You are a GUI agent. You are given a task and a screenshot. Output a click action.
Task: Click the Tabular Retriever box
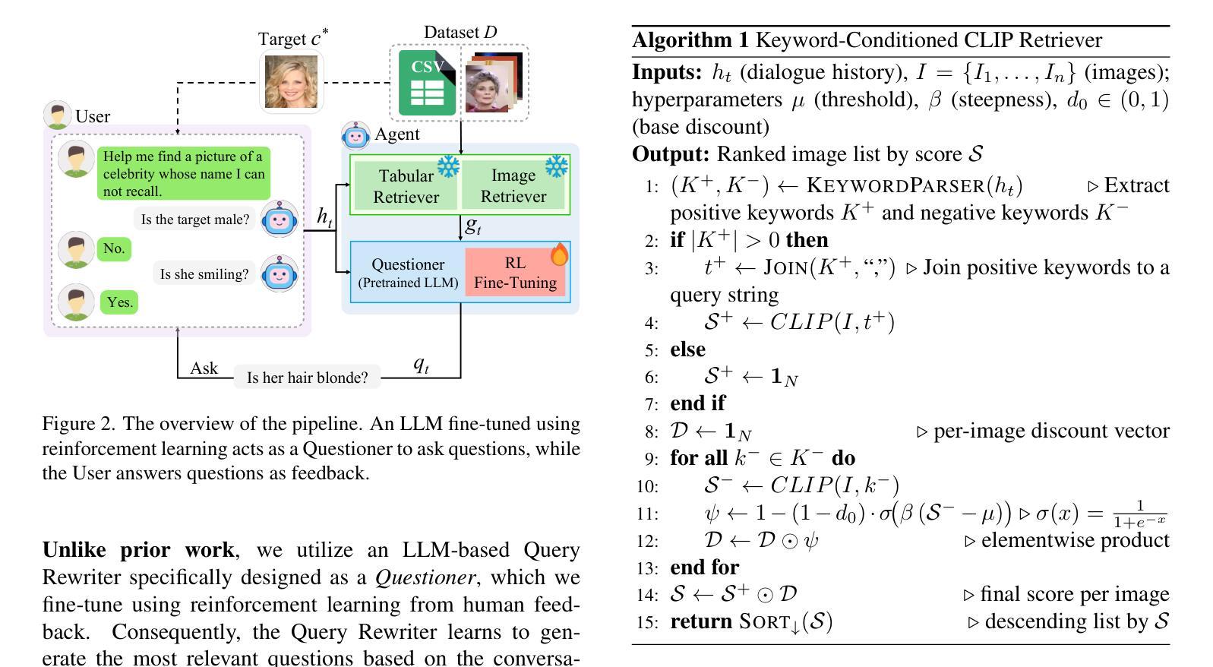tap(406, 186)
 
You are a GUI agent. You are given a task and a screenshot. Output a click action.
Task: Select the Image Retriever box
tap(513, 186)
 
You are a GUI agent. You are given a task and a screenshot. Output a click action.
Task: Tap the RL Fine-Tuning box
tap(516, 273)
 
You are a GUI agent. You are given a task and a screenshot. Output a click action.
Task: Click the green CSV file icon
tap(427, 83)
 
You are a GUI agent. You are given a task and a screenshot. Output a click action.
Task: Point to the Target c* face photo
tap(291, 81)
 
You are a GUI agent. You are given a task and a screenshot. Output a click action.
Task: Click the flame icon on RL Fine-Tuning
tap(559, 254)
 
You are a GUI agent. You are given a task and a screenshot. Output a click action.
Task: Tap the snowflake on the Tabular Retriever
tap(448, 166)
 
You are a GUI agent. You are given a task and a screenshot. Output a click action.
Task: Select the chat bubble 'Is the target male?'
tap(195, 220)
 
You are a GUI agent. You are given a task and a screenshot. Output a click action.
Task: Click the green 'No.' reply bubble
tap(114, 248)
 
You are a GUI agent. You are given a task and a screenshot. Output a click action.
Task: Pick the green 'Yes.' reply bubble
tap(119, 302)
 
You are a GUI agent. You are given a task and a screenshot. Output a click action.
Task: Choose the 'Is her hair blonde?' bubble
tap(307, 378)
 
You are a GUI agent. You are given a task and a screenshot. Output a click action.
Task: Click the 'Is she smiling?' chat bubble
tap(204, 274)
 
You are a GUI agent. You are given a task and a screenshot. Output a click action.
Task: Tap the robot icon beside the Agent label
tap(355, 135)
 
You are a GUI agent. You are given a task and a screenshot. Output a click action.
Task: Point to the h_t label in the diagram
tap(324, 217)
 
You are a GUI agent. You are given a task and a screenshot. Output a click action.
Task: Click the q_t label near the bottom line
tap(421, 365)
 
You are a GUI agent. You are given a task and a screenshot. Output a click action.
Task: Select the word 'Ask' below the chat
tap(204, 368)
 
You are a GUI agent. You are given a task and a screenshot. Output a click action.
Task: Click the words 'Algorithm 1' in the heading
tap(690, 40)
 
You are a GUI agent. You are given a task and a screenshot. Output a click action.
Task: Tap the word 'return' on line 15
tap(701, 621)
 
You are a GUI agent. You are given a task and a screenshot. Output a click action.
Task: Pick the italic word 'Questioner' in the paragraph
tap(425, 577)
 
